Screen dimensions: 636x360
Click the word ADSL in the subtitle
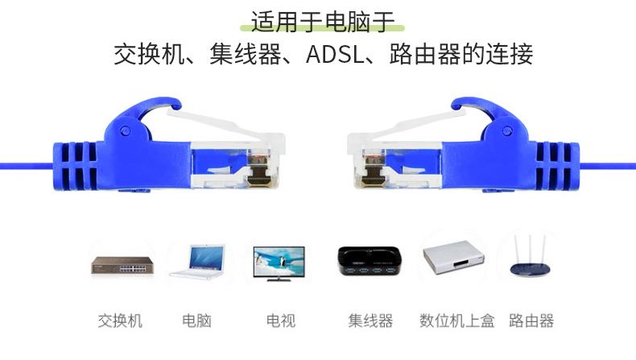[335, 55]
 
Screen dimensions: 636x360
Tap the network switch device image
[122, 265]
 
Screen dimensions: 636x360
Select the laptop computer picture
[197, 262]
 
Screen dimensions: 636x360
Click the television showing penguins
[279, 263]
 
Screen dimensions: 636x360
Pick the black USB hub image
[370, 261]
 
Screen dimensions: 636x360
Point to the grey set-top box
[453, 258]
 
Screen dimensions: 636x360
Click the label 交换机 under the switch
[120, 321]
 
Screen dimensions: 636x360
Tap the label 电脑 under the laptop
[196, 321]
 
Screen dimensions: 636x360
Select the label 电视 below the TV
[281, 321]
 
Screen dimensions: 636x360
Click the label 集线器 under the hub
[370, 321]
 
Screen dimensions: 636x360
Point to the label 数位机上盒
[457, 321]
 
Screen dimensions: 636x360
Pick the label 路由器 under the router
[531, 321]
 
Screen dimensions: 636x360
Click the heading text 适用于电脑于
[323, 22]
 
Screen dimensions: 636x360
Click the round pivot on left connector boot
[126, 130]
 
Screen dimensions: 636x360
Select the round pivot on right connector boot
[507, 130]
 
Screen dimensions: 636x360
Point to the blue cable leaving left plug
[27, 166]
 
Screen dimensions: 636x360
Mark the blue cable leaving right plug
[607, 166]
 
